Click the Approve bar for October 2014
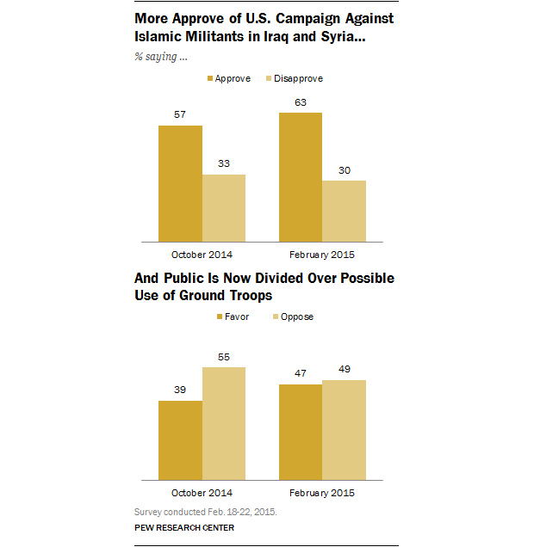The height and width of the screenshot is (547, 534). pyautogui.click(x=180, y=182)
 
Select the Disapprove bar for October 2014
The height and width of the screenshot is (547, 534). pyautogui.click(x=224, y=207)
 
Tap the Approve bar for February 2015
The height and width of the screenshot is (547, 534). pyautogui.click(x=300, y=176)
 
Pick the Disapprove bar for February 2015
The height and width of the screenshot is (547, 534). pyautogui.click(x=344, y=210)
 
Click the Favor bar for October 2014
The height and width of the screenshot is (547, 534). pyautogui.click(x=180, y=439)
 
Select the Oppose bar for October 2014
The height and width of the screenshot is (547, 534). pyautogui.click(x=224, y=422)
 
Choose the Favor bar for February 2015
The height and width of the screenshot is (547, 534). pyautogui.click(x=300, y=431)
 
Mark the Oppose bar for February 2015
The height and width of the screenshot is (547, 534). pyautogui.click(x=344, y=429)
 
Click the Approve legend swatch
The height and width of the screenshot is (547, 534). pyautogui.click(x=210, y=79)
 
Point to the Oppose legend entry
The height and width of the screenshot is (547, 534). pyautogui.click(x=290, y=317)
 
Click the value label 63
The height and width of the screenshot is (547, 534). pyautogui.click(x=300, y=103)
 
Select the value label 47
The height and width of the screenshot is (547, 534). pyautogui.click(x=300, y=375)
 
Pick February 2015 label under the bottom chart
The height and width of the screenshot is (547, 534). pyautogui.click(x=321, y=493)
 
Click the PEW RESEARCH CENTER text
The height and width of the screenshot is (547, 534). pyautogui.click(x=183, y=527)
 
